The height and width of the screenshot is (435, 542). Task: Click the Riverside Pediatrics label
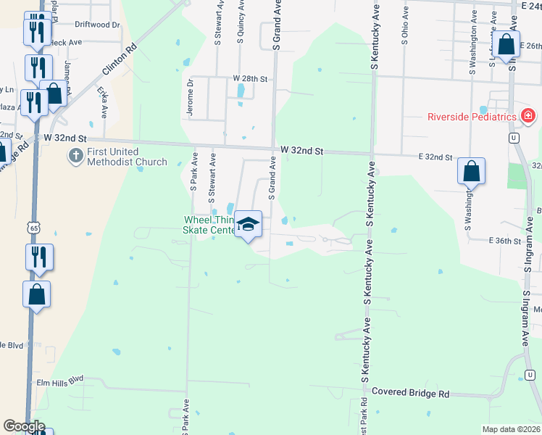click(471, 117)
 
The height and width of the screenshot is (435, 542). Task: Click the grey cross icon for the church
click(75, 155)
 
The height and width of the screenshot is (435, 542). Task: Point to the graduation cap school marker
click(249, 225)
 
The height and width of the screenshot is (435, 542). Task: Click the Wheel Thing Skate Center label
click(209, 225)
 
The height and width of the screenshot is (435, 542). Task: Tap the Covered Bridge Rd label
click(410, 393)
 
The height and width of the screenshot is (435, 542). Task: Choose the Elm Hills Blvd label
click(60, 379)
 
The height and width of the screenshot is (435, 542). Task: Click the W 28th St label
click(250, 78)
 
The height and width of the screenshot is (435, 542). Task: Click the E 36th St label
click(505, 240)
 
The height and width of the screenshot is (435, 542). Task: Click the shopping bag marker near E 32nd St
click(471, 172)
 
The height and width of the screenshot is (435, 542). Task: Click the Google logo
click(24, 426)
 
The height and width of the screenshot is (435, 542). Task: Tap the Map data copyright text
click(512, 429)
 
